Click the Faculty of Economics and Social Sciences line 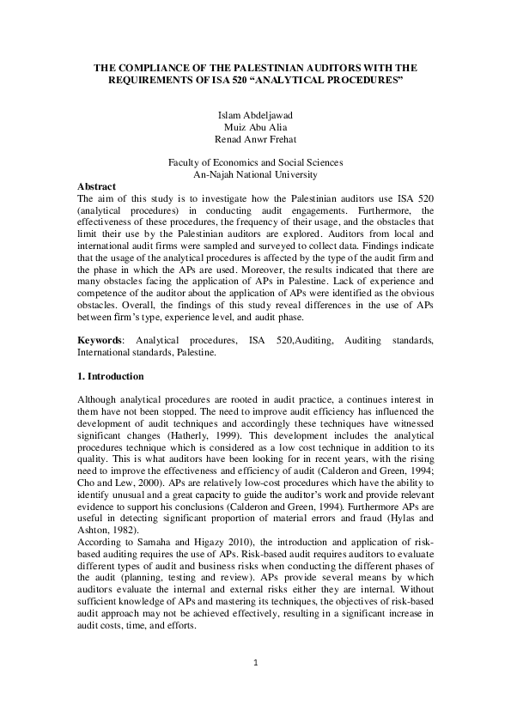pyautogui.click(x=255, y=162)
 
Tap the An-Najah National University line pyautogui.click(x=255, y=174)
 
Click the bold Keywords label pyautogui.click(x=99, y=341)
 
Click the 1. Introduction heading pyautogui.click(x=111, y=377)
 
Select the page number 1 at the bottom pyautogui.click(x=255, y=687)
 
